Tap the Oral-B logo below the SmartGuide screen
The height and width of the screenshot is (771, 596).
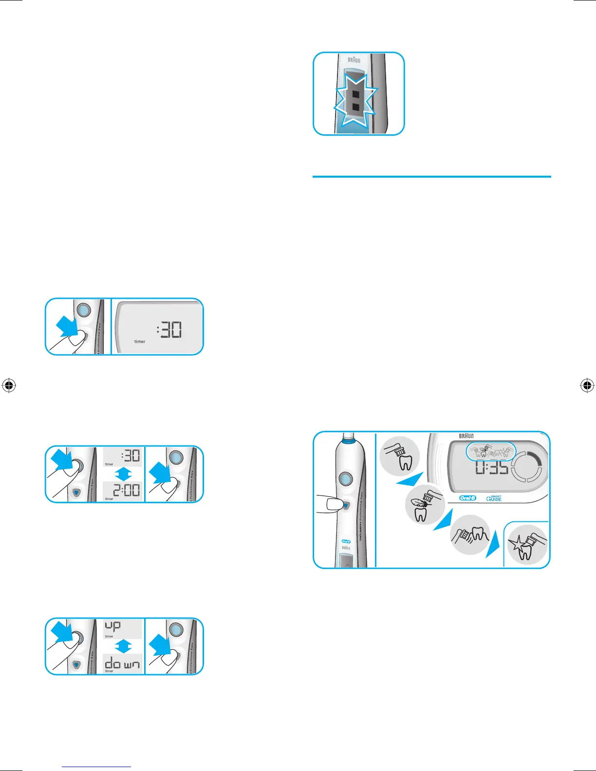tap(467, 498)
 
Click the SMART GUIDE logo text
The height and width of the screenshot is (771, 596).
tap(494, 498)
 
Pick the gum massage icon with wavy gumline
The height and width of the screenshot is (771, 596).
tap(470, 535)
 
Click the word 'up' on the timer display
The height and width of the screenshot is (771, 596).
tap(113, 625)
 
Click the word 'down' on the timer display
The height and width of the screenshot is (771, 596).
tap(123, 664)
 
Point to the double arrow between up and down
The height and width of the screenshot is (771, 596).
tap(123, 646)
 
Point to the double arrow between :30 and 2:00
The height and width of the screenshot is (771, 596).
tap(123, 474)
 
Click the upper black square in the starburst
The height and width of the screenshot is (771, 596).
tap(356, 93)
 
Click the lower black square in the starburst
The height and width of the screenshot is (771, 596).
tap(356, 107)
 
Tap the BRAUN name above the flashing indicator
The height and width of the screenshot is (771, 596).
tap(354, 60)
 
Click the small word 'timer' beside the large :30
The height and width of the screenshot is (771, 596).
tap(140, 342)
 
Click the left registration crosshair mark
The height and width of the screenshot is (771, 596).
tap(9, 385)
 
